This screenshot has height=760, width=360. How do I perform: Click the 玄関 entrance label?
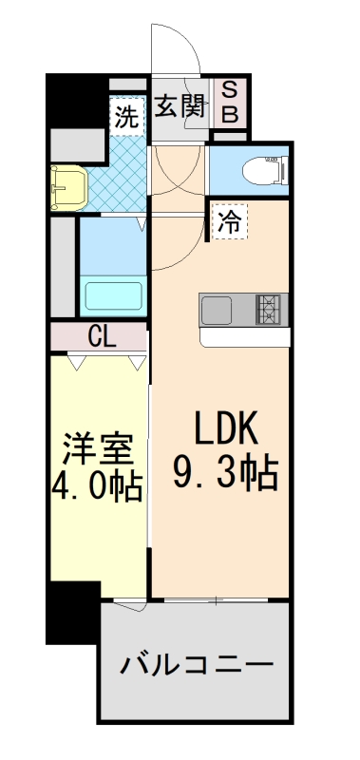pos(180,105)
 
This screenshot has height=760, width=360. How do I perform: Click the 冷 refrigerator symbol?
pos(228,221)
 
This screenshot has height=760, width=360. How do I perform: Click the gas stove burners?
pos(271,309)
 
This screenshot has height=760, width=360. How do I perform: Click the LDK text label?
pos(227,431)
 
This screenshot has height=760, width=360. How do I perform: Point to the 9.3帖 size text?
pos(225,472)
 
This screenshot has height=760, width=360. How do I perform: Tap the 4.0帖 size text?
pos(96,487)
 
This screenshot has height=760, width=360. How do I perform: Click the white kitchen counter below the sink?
pos(244,337)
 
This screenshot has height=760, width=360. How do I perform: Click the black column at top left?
pos(72,100)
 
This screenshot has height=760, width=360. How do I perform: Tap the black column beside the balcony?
pos(73,613)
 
